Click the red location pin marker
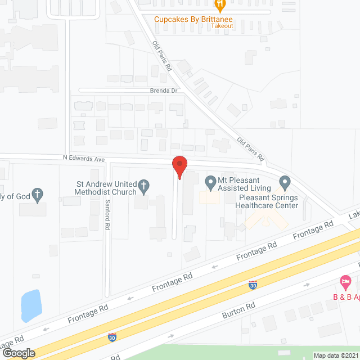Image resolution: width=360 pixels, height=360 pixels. pos(179,167)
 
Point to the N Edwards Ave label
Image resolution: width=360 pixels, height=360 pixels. pos(84,159)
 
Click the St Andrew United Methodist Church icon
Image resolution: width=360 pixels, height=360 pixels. pos(143,186)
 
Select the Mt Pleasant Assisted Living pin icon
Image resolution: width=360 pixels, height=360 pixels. pos(210,182)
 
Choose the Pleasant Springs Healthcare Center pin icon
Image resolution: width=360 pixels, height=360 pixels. pos(284,182)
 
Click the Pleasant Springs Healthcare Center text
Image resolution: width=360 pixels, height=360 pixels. pos(268,201)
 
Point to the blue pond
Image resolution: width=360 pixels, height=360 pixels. pos(31,305)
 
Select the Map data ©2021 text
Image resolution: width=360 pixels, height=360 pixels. pos(336,355)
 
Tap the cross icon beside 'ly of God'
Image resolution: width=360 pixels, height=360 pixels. pos(38,195)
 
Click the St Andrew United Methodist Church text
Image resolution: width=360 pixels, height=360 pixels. pos(106,187)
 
